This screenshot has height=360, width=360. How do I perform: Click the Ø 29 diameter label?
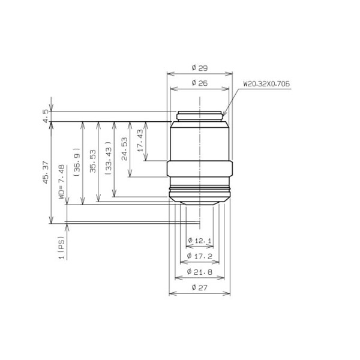(200, 68)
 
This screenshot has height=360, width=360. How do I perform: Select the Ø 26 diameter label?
(200, 83)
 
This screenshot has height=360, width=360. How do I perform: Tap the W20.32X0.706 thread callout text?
(266, 84)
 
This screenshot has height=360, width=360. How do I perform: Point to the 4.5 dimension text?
(46, 116)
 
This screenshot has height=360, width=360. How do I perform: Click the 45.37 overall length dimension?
(46, 172)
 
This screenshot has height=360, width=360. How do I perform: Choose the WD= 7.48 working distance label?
(62, 182)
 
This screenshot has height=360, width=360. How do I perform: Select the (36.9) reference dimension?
(77, 162)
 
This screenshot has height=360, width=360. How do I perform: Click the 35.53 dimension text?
(93, 161)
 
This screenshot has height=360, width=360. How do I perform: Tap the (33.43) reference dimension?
(109, 158)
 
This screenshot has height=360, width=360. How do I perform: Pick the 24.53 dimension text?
(124, 149)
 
